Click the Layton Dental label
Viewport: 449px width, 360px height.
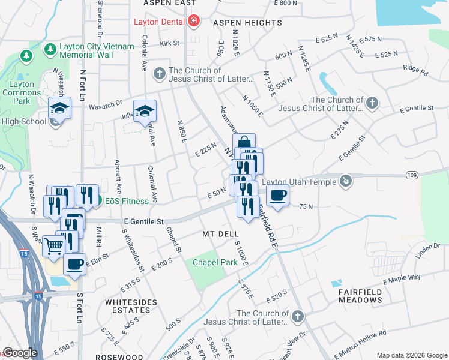(x=159, y=23)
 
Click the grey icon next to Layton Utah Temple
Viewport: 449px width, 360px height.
(x=345, y=180)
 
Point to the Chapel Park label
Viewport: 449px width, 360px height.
(x=211, y=263)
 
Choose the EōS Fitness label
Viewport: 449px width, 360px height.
(x=127, y=201)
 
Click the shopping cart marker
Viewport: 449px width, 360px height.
(x=53, y=245)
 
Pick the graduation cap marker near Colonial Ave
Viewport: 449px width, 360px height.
(x=145, y=111)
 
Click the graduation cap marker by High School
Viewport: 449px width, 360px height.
(x=60, y=108)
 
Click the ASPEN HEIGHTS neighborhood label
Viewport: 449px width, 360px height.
(x=247, y=23)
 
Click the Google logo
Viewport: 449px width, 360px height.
(x=19, y=353)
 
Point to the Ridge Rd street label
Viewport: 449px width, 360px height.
(x=415, y=70)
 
